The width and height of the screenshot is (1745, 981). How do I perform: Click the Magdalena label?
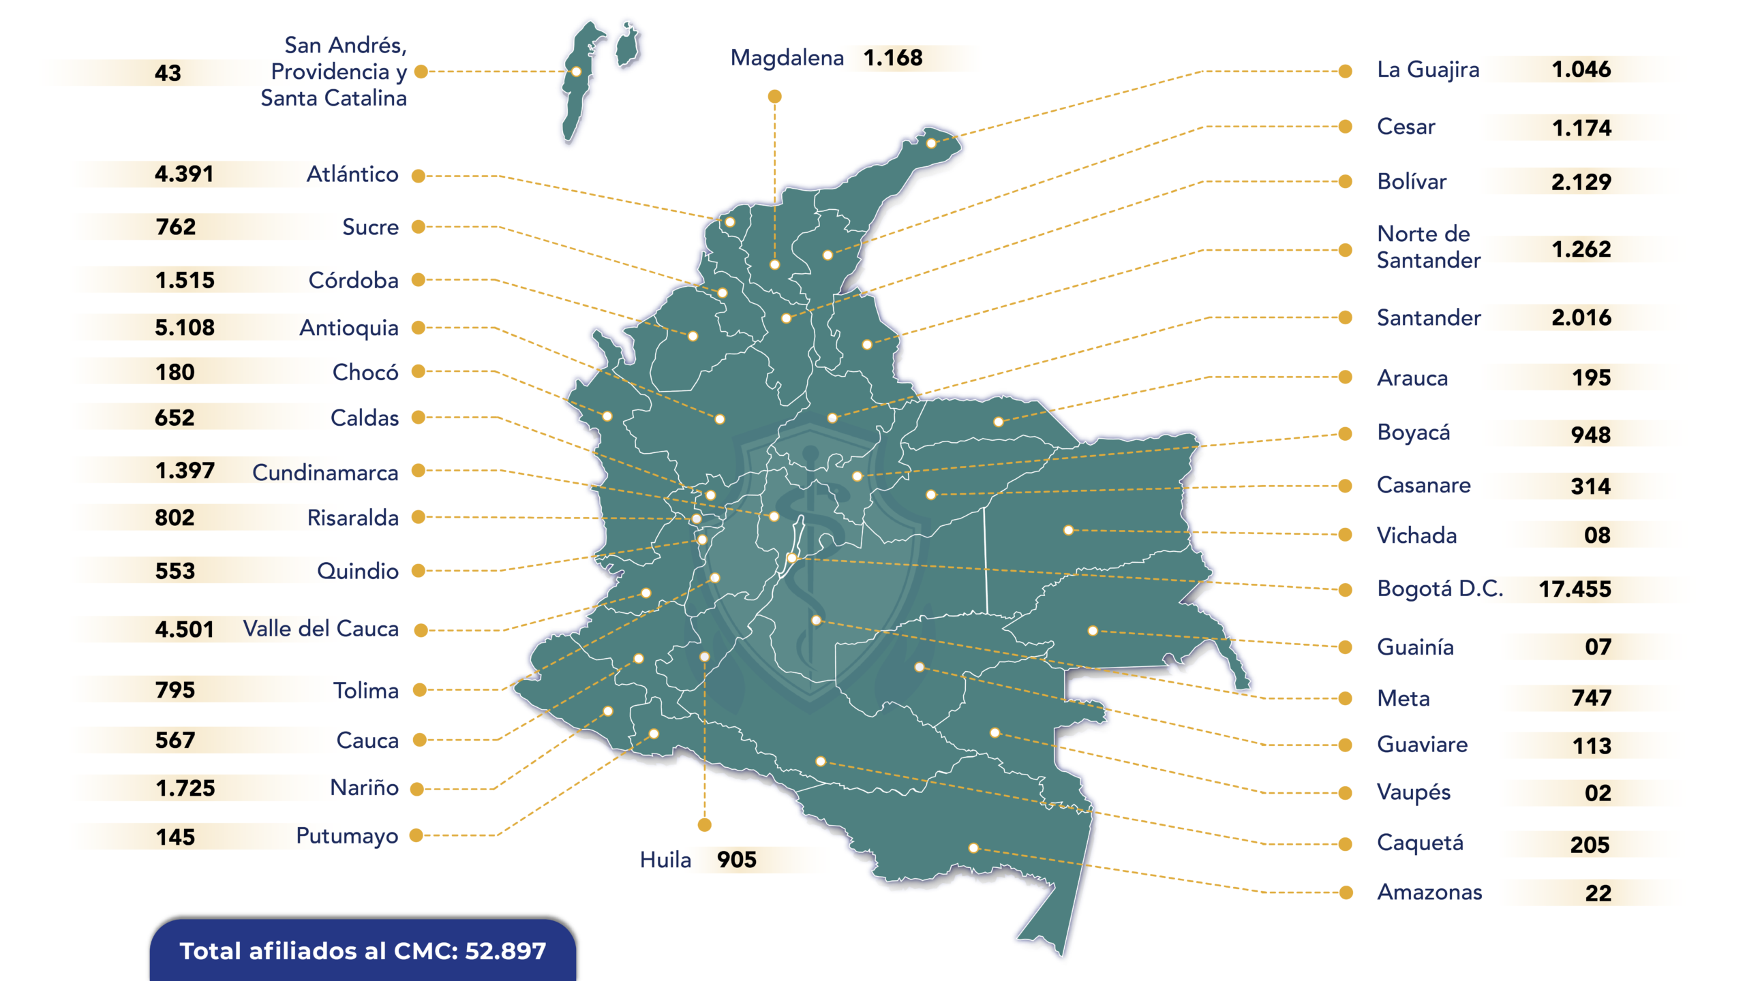tap(787, 58)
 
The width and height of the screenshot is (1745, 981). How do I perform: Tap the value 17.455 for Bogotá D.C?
tap(1575, 589)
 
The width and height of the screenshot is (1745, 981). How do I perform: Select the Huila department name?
tap(665, 860)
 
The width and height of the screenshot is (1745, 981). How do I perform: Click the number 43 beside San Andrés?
tap(168, 73)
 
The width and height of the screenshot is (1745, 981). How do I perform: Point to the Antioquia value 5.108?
tap(185, 328)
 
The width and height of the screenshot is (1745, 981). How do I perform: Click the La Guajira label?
tap(1428, 69)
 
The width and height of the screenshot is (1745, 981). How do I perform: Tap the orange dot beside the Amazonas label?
tap(1346, 892)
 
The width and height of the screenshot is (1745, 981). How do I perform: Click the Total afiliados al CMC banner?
tap(363, 951)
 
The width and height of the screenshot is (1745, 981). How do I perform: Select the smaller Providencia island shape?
tap(627, 45)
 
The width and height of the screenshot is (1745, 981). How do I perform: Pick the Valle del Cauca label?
tap(321, 629)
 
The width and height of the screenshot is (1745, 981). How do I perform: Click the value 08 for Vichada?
tap(1597, 535)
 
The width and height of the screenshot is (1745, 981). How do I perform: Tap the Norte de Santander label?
tap(1428, 247)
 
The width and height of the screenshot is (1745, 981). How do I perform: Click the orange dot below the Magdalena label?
tap(774, 97)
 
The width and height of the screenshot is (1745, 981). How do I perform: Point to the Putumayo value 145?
tap(175, 837)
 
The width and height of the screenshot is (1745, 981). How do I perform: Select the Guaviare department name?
tap(1422, 745)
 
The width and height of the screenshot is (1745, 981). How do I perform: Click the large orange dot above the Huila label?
tap(705, 825)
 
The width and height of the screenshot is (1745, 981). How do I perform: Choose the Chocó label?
tap(365, 373)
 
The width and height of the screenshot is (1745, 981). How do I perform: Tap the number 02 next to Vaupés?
tap(1598, 793)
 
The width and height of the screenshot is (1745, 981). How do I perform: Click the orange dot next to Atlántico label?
tap(419, 176)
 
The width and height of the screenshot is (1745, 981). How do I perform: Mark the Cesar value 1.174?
tap(1581, 128)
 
